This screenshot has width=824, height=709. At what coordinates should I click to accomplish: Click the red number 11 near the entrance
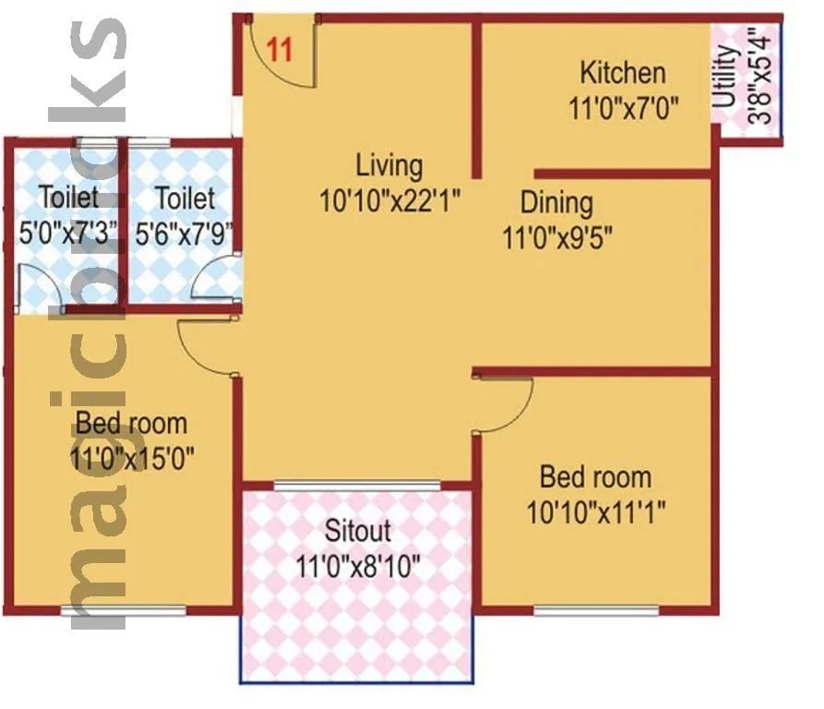click(280, 49)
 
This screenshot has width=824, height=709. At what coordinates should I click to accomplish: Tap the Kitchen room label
click(622, 73)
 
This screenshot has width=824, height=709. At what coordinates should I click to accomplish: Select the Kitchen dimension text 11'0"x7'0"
click(624, 107)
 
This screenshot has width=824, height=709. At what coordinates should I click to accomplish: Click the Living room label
click(389, 166)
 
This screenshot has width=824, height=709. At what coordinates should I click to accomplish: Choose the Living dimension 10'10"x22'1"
click(389, 200)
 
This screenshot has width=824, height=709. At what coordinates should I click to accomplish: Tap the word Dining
click(556, 202)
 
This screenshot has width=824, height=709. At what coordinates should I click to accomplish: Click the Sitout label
click(358, 531)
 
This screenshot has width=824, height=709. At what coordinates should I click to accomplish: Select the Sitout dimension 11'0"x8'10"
click(358, 565)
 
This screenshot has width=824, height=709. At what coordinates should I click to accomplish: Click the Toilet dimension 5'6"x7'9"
click(185, 233)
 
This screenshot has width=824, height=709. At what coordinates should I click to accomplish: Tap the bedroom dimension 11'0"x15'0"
click(131, 458)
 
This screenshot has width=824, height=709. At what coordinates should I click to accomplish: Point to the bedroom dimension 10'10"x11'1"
click(596, 511)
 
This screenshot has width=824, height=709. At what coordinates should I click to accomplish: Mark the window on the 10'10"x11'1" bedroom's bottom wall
click(596, 610)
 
